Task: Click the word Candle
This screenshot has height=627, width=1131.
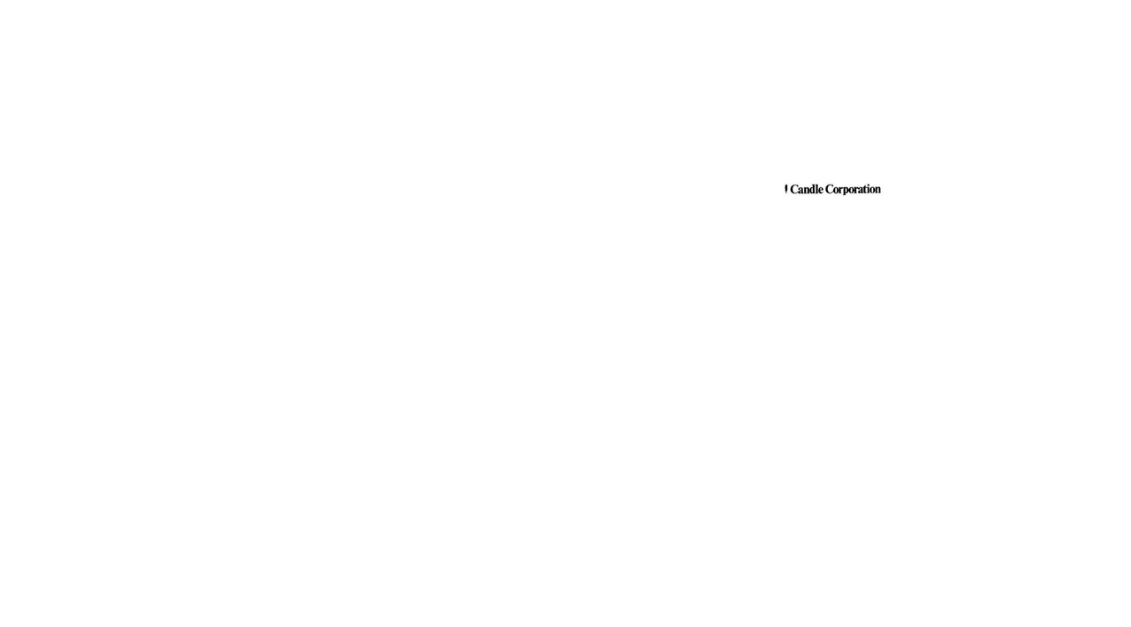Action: coord(806,189)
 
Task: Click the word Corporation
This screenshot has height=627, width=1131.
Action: coord(853,189)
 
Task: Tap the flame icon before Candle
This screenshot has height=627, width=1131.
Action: coord(786,189)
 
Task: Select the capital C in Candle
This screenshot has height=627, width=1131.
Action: coord(793,189)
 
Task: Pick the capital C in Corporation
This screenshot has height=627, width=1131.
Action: coord(829,189)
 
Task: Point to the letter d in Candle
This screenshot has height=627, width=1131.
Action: coord(809,189)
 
